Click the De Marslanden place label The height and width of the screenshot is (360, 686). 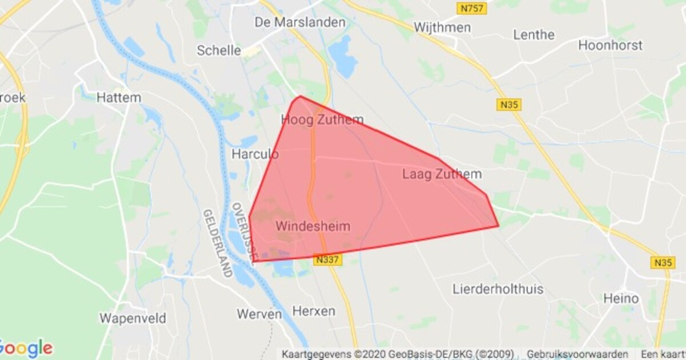coord(301,23)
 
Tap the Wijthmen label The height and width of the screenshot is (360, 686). coord(442,27)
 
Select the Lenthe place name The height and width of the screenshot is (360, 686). coord(534,35)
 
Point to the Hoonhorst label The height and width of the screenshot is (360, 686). coord(611,45)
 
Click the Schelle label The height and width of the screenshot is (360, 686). coord(219,50)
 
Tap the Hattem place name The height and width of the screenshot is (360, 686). coord(118,98)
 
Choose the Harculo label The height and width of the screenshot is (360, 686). coord(255,154)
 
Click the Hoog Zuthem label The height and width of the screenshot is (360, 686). coord(322,120)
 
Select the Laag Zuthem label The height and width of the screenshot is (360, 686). coord(442,174)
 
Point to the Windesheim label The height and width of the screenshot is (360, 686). coord(313,226)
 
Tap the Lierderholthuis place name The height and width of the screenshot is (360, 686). coord(498,289)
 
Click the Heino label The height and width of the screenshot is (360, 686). coord(621,298)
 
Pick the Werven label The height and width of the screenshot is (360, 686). coord(260,314)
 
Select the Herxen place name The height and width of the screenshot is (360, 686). coord(314,311)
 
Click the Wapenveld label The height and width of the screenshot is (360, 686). coord(133,318)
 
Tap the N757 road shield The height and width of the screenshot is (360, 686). coord(472,9)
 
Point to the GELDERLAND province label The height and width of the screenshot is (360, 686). coord(217,243)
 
